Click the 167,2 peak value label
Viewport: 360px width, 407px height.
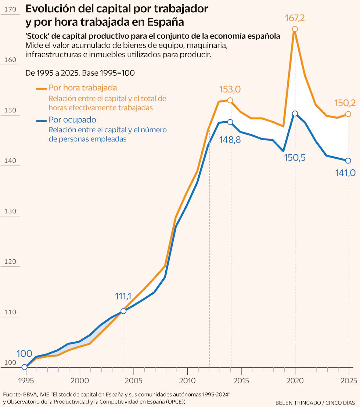(295, 18)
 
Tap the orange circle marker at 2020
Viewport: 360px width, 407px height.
(295, 29)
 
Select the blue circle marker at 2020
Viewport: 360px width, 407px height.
(295, 114)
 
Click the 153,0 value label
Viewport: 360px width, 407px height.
(230, 89)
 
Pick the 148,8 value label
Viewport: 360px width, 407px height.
(230, 140)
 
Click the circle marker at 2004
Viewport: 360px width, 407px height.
(123, 311)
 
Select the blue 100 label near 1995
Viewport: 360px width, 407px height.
(24, 354)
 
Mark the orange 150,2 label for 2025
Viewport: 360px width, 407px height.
(345, 103)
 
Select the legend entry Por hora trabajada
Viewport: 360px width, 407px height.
(83, 88)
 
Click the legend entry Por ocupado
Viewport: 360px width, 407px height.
(72, 120)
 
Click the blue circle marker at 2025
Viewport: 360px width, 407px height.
(348, 161)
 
